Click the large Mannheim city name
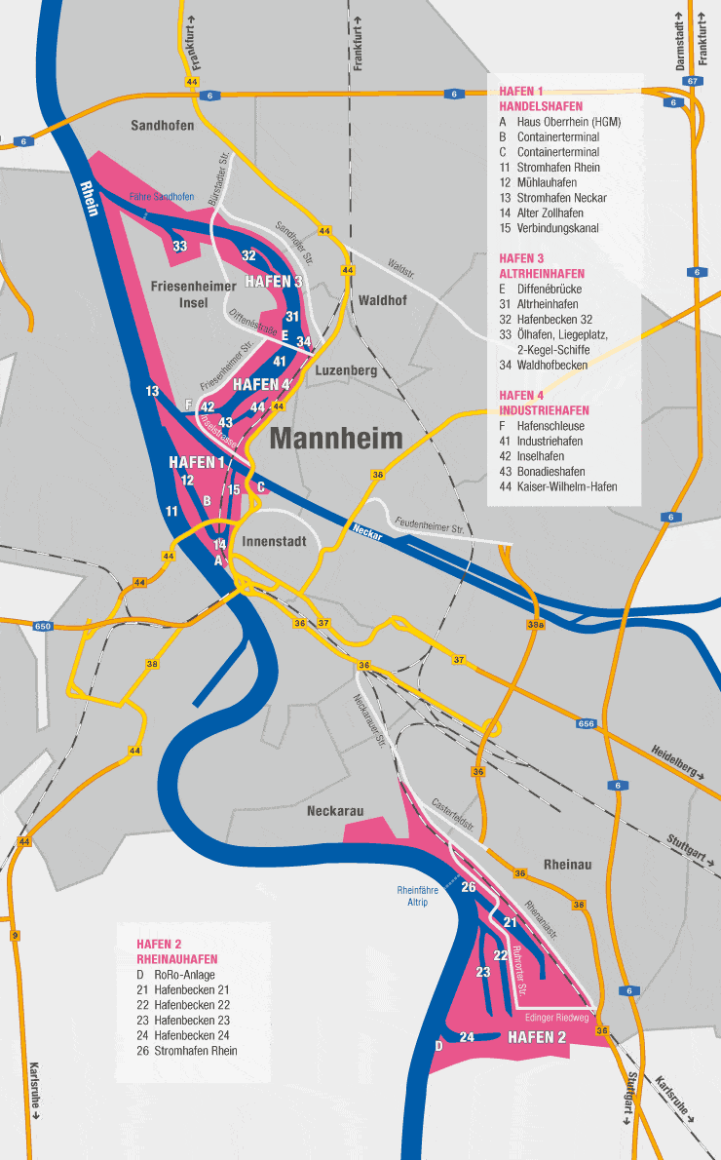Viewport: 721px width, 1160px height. click(x=336, y=439)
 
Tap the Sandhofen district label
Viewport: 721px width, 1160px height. click(x=163, y=126)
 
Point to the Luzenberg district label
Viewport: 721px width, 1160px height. click(x=347, y=371)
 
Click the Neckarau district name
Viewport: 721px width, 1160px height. click(x=335, y=811)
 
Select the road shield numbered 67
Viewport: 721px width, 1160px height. click(x=693, y=81)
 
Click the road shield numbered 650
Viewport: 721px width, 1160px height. click(x=42, y=626)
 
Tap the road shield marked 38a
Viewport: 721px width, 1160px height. click(x=535, y=624)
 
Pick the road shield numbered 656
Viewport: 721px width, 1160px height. click(x=586, y=724)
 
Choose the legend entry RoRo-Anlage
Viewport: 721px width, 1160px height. click(x=188, y=973)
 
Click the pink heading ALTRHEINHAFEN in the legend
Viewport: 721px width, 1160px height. click(x=542, y=274)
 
